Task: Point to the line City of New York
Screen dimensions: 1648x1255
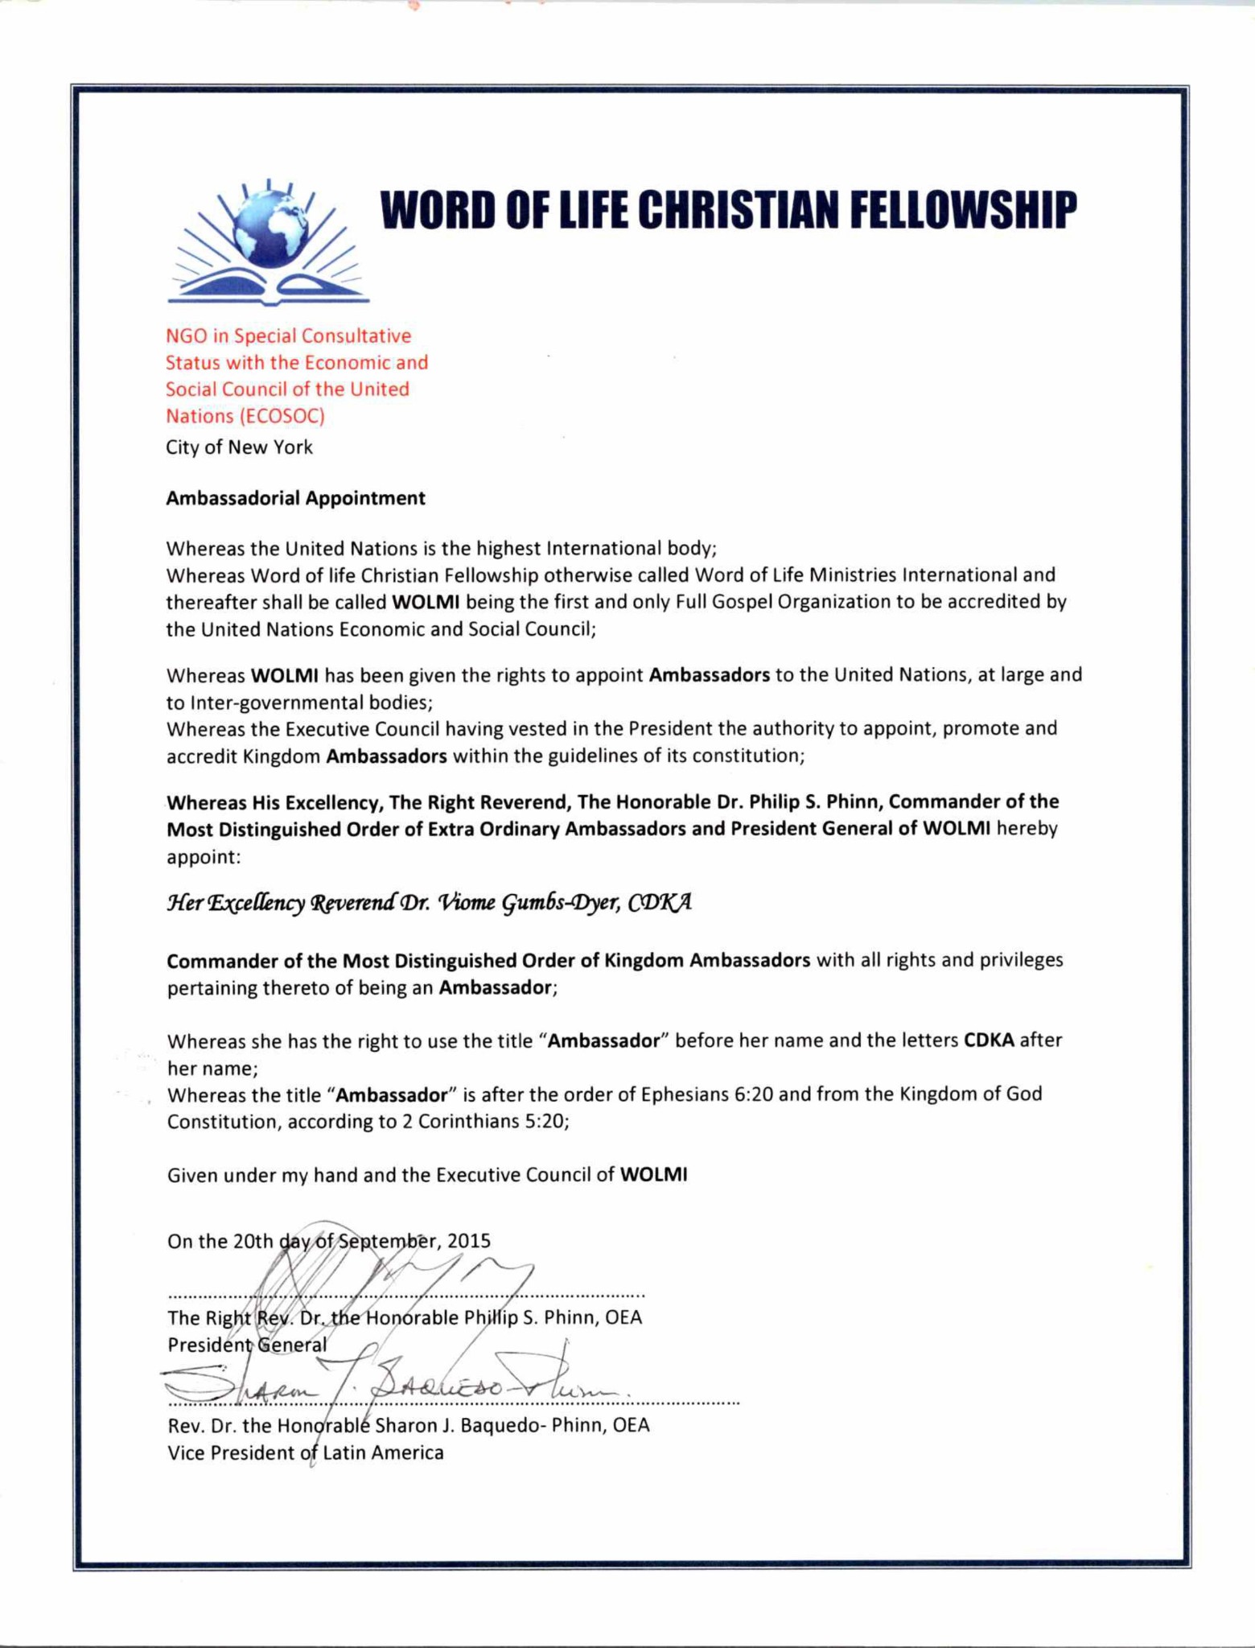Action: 239,447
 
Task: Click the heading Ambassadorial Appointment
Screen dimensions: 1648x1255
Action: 295,498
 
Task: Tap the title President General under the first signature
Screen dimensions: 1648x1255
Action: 247,1345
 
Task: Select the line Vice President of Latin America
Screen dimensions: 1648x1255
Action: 305,1452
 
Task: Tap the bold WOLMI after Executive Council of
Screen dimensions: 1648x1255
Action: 654,1175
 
